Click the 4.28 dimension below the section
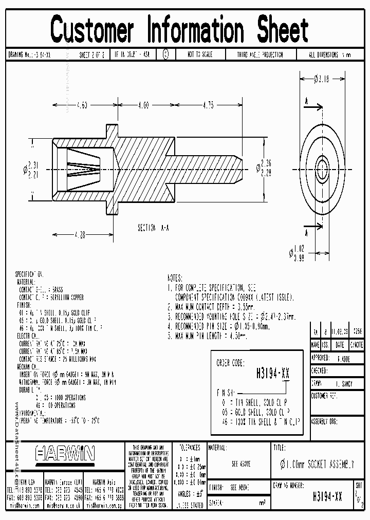79,235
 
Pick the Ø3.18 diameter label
321,79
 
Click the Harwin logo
65,453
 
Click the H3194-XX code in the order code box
272,374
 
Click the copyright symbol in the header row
165,54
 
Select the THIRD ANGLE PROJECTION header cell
260,54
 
